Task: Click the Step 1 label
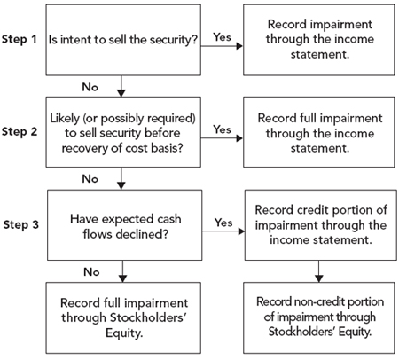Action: click(20, 39)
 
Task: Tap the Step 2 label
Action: click(20, 132)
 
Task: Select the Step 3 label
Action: click(21, 224)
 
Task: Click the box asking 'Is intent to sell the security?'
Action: click(123, 40)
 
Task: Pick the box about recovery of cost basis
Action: click(123, 132)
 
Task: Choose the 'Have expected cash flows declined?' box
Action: click(125, 225)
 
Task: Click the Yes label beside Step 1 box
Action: click(222, 37)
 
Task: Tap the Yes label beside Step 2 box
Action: click(222, 129)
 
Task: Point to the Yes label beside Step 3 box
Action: click(223, 223)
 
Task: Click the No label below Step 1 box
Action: click(90, 87)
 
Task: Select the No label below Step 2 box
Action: click(90, 179)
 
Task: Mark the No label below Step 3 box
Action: click(91, 272)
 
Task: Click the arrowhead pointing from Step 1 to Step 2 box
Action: click(121, 93)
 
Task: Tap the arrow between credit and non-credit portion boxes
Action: click(318, 271)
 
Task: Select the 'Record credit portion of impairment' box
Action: click(321, 225)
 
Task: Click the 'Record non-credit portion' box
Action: click(319, 317)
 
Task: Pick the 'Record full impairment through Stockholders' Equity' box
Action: click(123, 317)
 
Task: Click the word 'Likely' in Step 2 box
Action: click(65, 119)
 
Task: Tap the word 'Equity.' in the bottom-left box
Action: click(124, 333)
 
